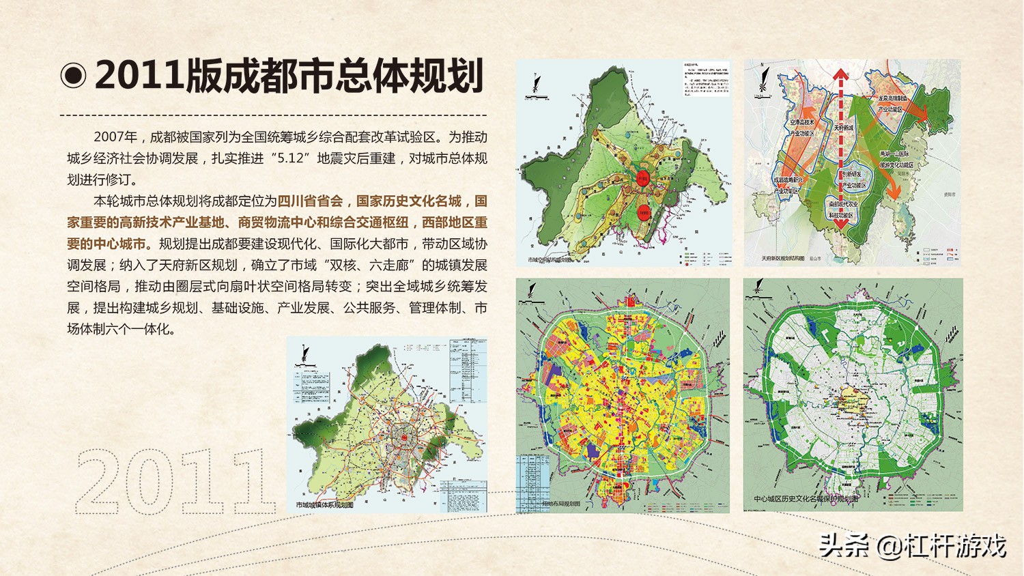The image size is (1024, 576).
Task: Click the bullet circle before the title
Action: (73, 76)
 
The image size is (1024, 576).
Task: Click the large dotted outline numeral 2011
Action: (173, 482)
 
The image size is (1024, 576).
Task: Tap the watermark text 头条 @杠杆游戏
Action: (913, 546)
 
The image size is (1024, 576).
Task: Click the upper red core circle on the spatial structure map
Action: (642, 177)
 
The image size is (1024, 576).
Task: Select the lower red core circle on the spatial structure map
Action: (642, 211)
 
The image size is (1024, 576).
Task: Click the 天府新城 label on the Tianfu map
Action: (844, 128)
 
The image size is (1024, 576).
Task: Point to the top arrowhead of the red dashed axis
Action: (840, 74)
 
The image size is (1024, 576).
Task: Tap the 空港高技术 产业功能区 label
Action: (802, 128)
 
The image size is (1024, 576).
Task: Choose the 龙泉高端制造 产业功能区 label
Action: (892, 104)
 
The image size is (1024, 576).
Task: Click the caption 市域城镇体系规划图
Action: (325, 505)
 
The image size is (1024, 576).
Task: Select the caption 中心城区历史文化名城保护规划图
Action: (806, 499)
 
